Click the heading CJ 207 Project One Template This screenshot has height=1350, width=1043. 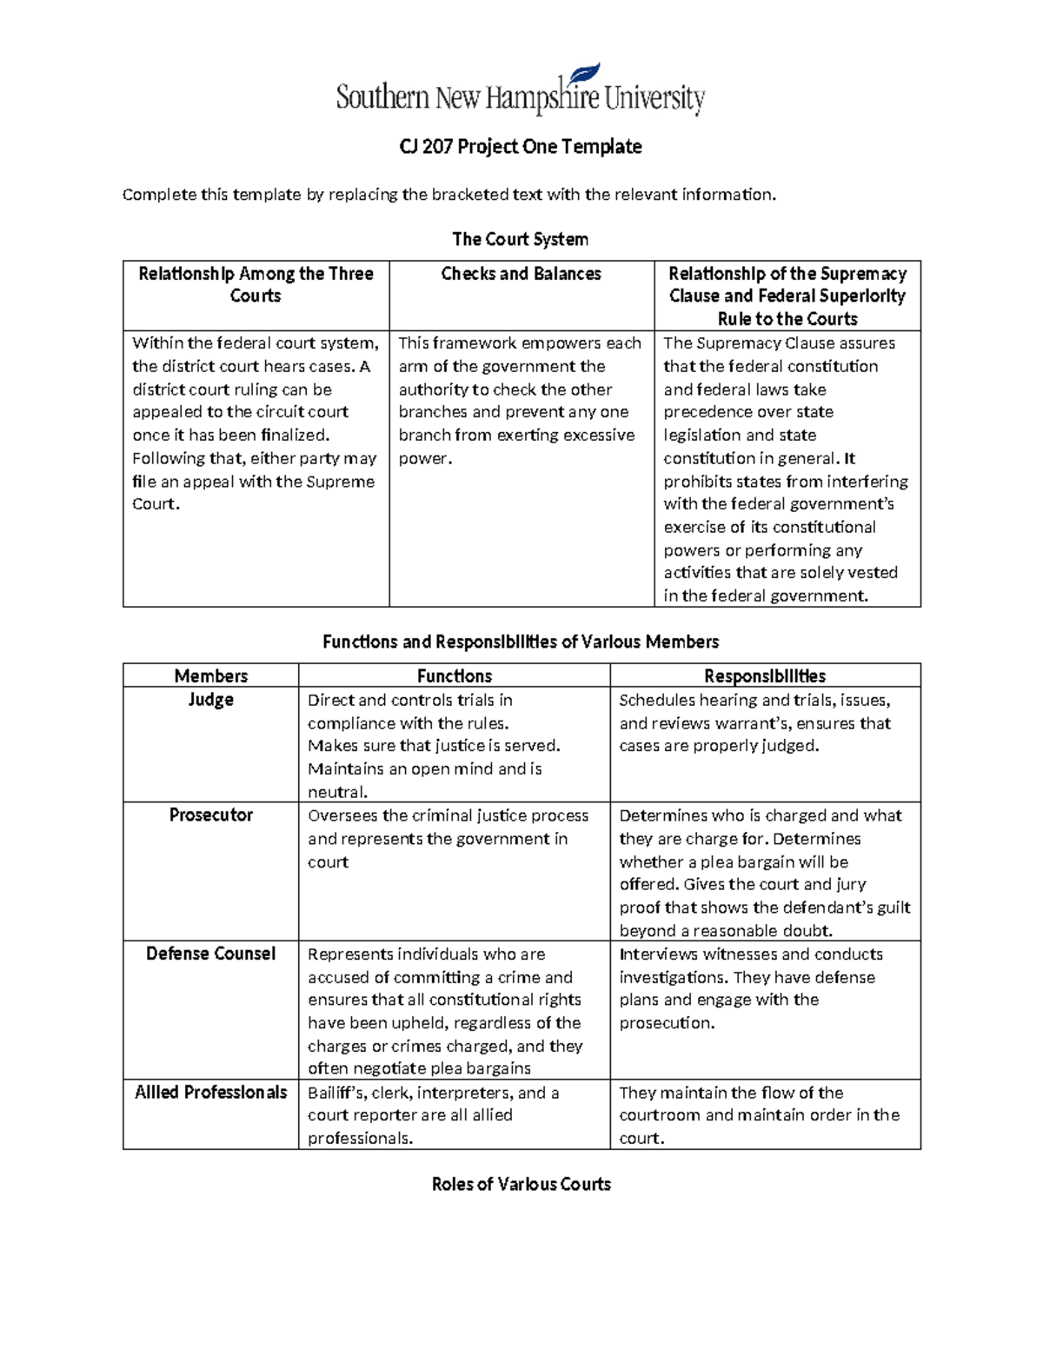(521, 147)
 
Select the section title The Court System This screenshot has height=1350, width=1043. (520, 239)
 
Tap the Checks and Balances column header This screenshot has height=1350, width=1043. (521, 274)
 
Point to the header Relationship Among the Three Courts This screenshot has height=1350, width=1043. (256, 284)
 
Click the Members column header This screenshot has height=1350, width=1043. (210, 675)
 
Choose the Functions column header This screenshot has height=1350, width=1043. (454, 675)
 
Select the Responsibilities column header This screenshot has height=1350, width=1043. (765, 675)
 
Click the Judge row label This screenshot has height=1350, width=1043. (210, 700)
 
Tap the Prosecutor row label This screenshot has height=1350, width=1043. (210, 815)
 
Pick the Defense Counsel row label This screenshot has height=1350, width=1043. (210, 954)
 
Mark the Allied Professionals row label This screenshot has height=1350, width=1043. (210, 1093)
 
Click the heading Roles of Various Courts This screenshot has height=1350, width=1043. (521, 1184)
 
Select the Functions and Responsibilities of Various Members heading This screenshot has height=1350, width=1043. (521, 642)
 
